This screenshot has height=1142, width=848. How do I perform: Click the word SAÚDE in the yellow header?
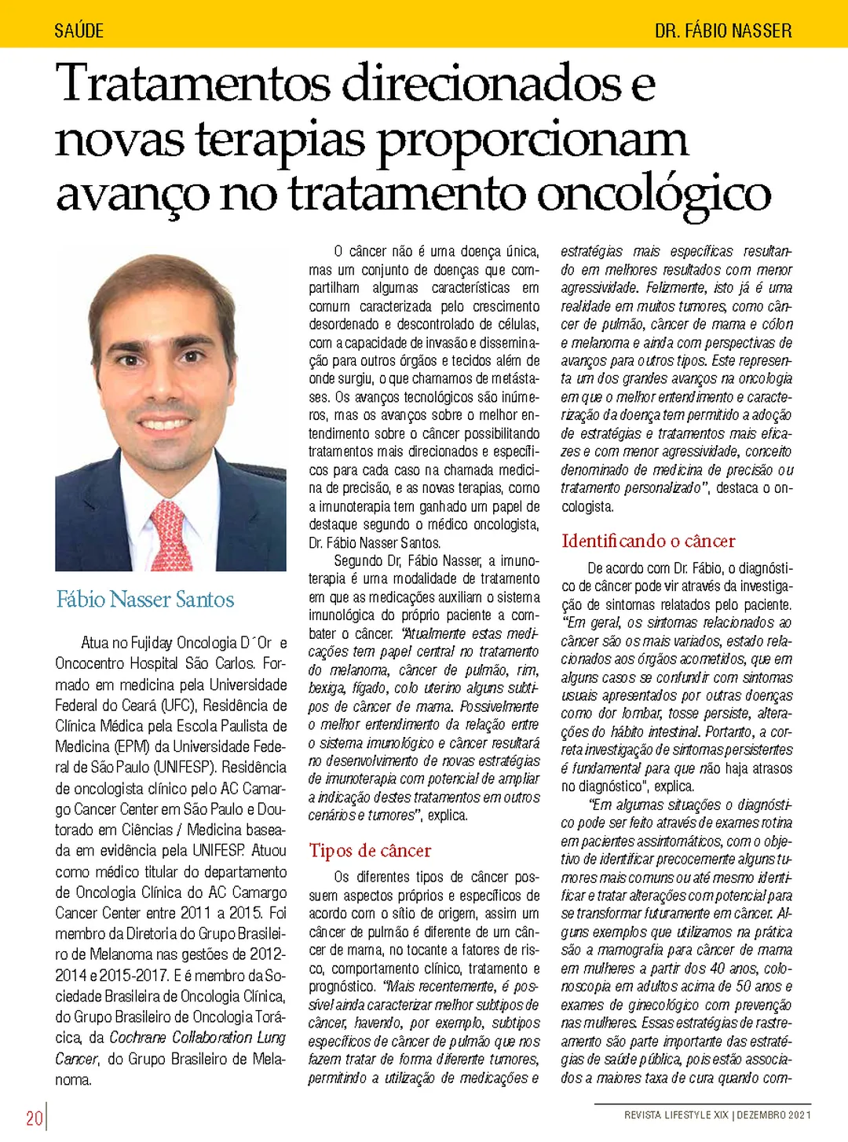pos(79,31)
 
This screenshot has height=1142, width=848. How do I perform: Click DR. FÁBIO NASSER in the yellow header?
pos(722,31)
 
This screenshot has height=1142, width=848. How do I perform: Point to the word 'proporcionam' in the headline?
pos(532,139)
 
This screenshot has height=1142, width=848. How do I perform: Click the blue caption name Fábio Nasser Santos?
pos(145,600)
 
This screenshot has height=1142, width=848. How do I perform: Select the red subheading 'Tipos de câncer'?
pos(370,851)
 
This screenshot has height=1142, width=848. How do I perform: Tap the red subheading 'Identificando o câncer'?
pos(648,541)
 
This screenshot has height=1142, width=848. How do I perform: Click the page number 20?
pos(34,1118)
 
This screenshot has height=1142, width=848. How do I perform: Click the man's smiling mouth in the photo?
pos(169,425)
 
